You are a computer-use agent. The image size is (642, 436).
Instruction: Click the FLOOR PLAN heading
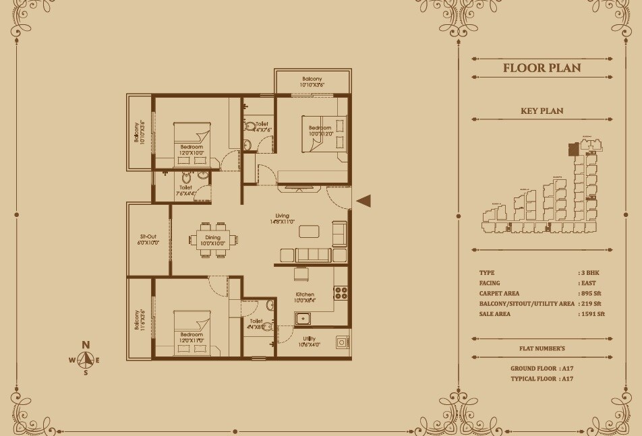pos(542,68)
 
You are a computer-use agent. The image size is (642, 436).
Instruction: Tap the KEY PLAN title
pos(542,111)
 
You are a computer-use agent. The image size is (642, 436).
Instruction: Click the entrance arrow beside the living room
pos(363,200)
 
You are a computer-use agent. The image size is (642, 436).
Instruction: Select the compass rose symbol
pos(86,359)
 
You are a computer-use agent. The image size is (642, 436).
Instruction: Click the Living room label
pos(282,216)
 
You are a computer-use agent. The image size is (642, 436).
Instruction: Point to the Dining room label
pos(212,237)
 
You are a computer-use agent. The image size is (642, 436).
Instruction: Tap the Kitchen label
pos(305,294)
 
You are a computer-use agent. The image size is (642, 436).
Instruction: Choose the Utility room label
pos(310,338)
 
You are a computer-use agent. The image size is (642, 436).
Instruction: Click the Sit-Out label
pos(148,237)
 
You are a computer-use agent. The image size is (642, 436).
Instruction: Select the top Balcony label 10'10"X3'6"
pos(312,79)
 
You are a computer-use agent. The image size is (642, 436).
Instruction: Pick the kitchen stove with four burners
pos(341,292)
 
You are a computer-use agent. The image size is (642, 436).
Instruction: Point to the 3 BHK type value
pos(591,273)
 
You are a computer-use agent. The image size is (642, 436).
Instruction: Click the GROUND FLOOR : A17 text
pos(542,369)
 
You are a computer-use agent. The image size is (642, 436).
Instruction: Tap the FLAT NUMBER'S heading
pos(542,348)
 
